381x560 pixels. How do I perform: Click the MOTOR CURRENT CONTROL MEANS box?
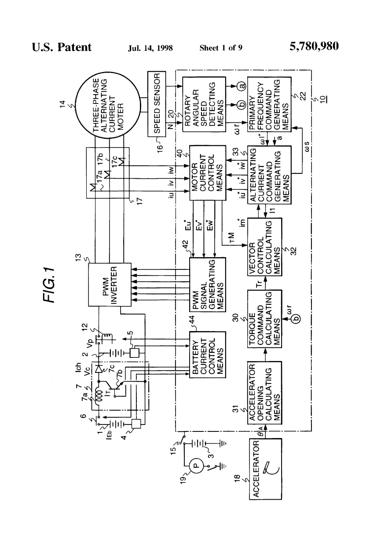coord(207,172)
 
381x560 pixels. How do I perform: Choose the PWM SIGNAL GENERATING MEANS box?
coord(207,284)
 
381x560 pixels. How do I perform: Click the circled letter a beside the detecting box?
coord(241,87)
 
